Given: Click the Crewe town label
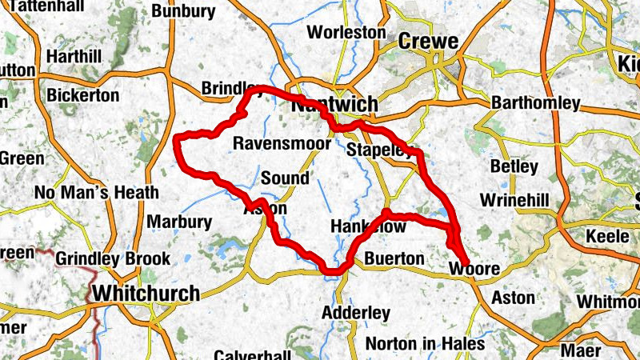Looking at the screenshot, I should pos(428,42).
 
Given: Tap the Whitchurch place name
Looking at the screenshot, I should pos(146,294).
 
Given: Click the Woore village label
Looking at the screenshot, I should pos(469,269).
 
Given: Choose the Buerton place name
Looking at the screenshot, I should pos(394,258).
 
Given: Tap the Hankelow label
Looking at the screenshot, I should pos(367,227).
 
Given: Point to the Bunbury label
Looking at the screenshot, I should pos(183,11).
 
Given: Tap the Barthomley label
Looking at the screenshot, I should pos(535,104).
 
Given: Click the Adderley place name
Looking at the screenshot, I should pos(356,312).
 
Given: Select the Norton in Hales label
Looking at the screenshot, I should pos(425,344).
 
